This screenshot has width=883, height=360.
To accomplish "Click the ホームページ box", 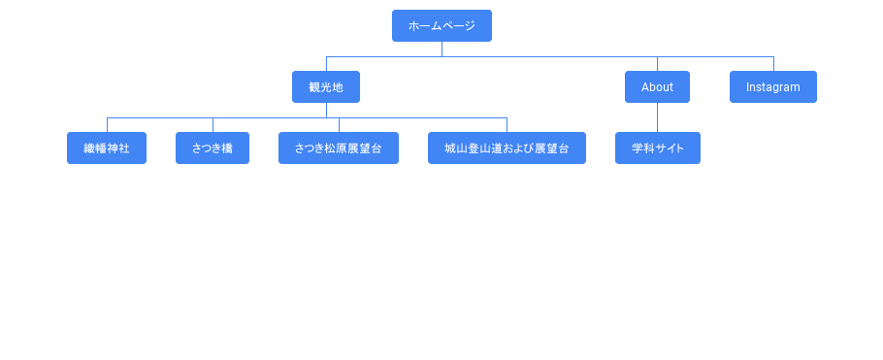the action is click(x=442, y=26).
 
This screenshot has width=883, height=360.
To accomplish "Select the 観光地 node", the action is click(x=326, y=86).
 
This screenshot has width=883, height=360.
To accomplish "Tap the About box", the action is click(x=657, y=86).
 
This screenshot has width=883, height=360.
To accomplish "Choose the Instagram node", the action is click(x=773, y=86).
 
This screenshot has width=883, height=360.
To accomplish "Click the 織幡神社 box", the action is click(x=107, y=148).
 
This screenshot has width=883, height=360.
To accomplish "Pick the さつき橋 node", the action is click(x=213, y=148).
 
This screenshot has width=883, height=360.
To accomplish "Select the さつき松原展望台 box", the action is click(x=339, y=148).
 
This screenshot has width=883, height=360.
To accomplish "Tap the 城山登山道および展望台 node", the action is click(x=507, y=148).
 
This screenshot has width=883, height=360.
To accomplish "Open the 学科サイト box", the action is click(x=658, y=148).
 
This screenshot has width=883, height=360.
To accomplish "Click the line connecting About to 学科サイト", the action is click(x=657, y=117).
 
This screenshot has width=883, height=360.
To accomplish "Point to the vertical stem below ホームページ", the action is click(x=442, y=49).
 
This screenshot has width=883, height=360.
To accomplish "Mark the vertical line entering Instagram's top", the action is click(x=773, y=64).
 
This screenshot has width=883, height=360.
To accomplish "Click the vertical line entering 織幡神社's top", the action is click(x=107, y=125).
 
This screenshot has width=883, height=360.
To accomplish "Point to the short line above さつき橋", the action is click(x=213, y=125).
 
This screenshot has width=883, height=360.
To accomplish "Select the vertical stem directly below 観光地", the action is click(x=327, y=111).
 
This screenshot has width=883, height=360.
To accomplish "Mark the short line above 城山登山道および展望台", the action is click(x=507, y=125).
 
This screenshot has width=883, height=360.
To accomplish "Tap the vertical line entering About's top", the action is click(x=657, y=64).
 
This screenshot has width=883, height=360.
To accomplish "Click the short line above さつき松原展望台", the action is click(x=339, y=125).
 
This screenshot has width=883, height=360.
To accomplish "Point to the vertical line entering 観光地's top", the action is click(x=327, y=64).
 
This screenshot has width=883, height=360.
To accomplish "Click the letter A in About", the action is click(x=645, y=87).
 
